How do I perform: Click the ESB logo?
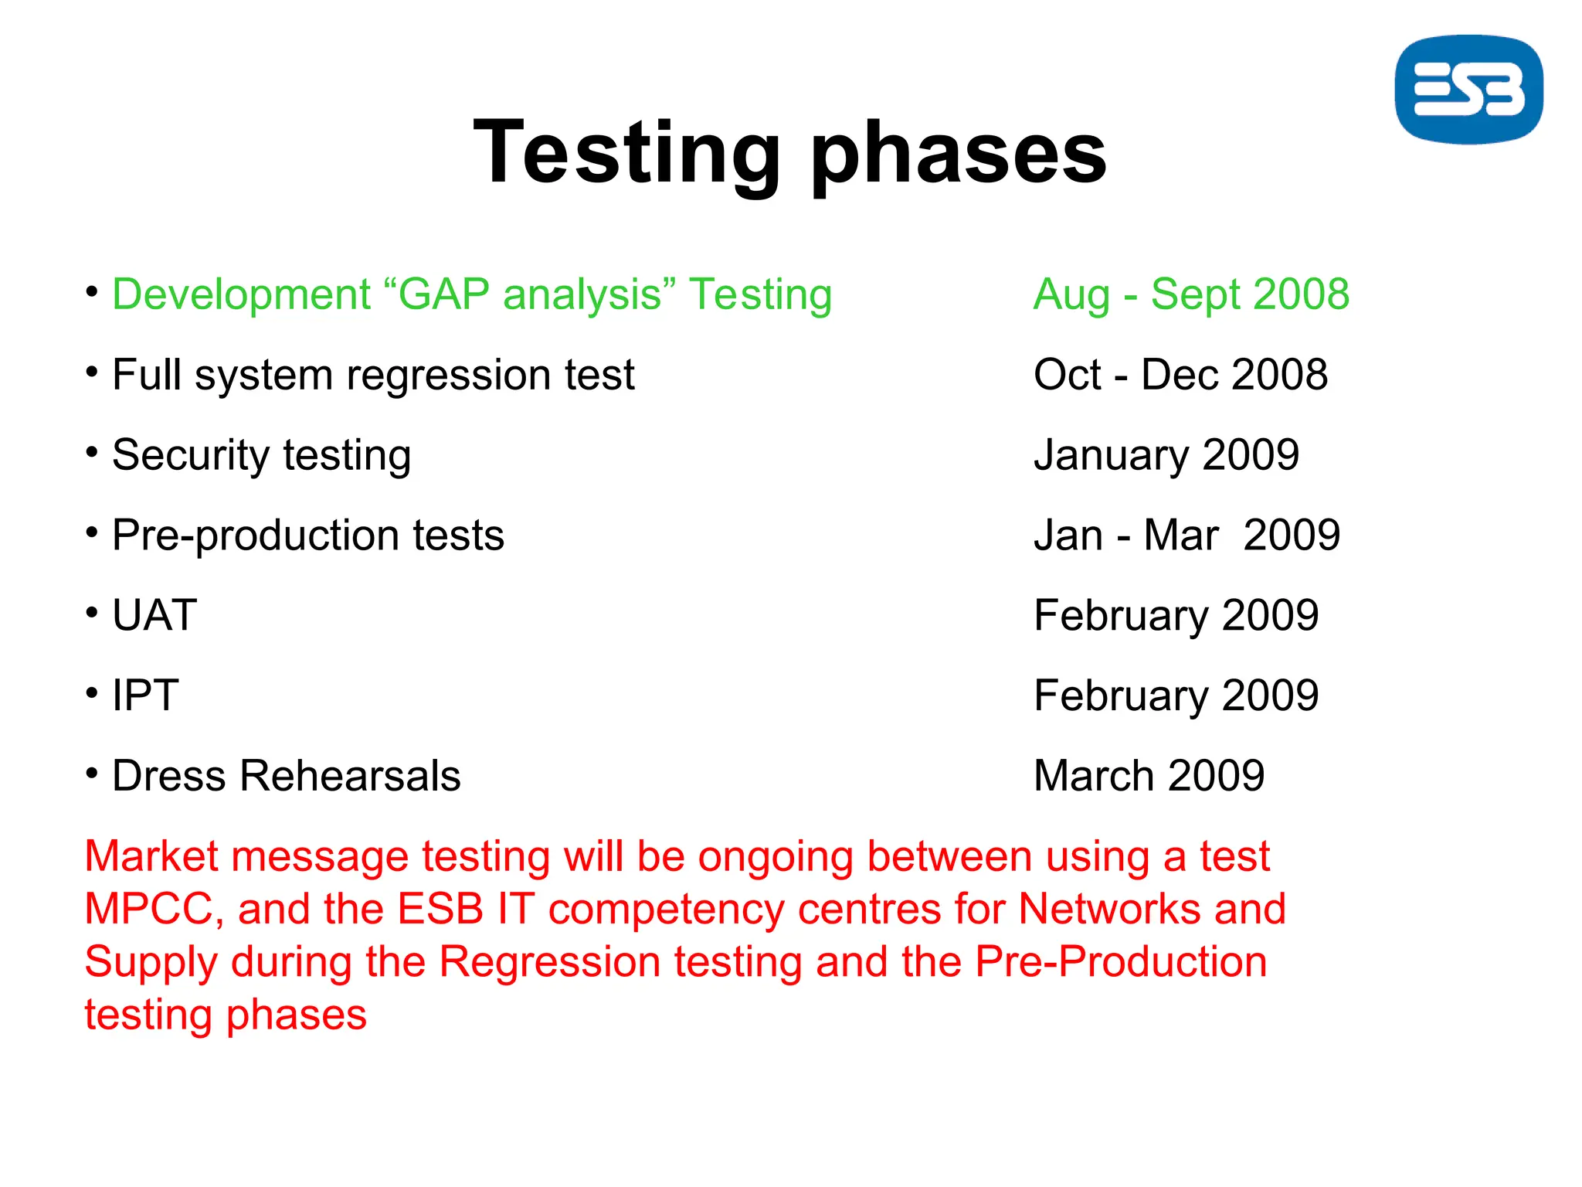(1468, 89)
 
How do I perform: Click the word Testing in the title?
(626, 152)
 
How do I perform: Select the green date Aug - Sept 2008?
(1191, 294)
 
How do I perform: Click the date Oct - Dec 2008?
(1180, 375)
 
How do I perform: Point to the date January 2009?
(1166, 455)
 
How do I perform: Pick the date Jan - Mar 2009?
(1186, 535)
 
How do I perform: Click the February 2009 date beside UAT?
(1176, 616)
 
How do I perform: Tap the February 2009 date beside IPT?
(1176, 696)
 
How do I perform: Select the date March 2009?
(1149, 776)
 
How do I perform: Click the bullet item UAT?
(154, 616)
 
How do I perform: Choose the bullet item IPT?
(145, 696)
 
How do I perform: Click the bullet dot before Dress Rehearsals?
(92, 773)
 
